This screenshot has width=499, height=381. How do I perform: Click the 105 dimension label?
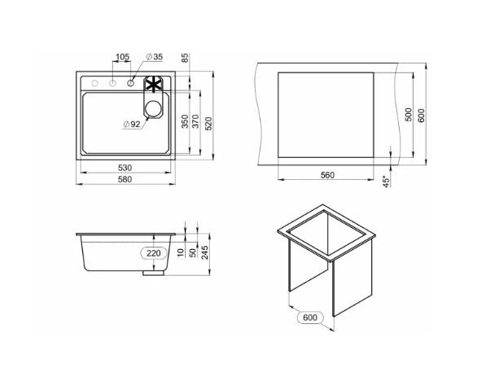tap(123, 57)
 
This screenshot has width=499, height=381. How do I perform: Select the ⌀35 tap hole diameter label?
tap(155, 57)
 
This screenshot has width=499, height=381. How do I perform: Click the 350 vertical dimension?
tap(186, 121)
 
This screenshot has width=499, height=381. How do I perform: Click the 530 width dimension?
tap(125, 168)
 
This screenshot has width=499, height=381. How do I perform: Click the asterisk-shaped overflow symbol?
tap(152, 84)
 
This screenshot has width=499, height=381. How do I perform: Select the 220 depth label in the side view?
tap(153, 253)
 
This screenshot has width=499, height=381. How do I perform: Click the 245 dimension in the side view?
tap(207, 253)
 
